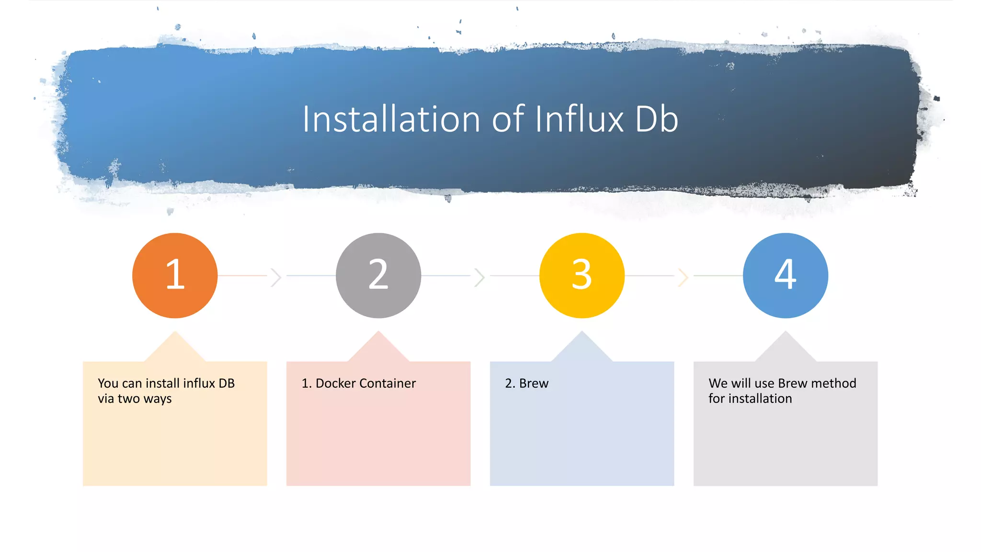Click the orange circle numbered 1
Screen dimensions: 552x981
point(175,276)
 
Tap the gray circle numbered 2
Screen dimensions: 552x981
point(378,276)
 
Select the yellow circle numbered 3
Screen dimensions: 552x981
point(582,276)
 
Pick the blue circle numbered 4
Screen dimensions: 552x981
point(786,276)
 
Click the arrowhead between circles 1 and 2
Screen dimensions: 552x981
point(276,277)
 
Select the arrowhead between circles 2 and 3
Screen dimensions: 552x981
point(480,277)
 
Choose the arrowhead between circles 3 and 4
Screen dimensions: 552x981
point(684,277)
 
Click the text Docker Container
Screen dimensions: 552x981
point(365,383)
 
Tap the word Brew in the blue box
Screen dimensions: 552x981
point(534,383)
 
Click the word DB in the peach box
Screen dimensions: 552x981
point(227,383)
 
